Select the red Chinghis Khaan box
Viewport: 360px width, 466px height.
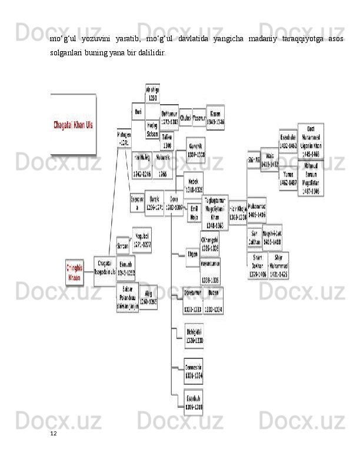coord(74,272)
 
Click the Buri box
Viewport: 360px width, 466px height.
coord(138,111)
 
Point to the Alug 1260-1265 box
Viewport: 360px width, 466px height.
coord(148,297)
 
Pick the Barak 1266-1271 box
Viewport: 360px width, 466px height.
coord(154,204)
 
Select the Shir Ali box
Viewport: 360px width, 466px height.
coord(253,159)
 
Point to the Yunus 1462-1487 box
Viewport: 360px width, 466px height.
coord(288,178)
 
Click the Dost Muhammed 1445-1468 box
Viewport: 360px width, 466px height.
coord(311,141)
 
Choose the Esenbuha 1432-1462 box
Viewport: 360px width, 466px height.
coord(288,139)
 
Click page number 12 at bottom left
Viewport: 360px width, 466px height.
coord(53,433)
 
